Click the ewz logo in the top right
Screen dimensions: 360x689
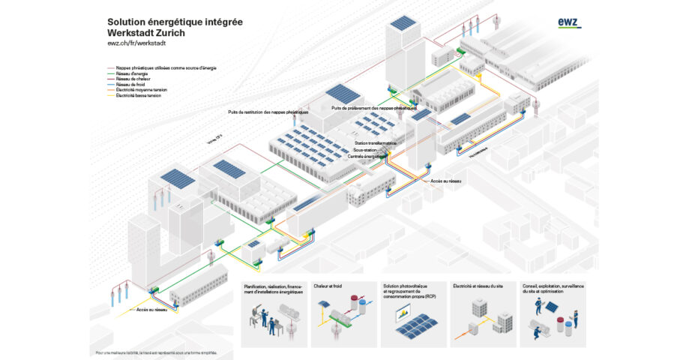click(569, 23)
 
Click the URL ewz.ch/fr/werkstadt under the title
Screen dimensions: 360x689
click(141, 44)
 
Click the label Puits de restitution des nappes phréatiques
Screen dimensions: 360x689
click(268, 112)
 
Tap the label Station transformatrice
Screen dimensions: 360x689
click(374, 143)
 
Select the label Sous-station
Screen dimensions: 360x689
click(365, 150)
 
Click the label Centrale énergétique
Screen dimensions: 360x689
click(369, 156)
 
